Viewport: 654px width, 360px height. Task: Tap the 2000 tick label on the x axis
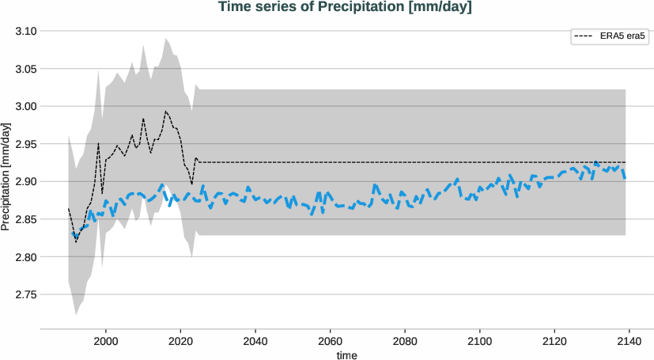pos(106,341)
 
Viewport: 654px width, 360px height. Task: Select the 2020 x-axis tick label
pos(181,341)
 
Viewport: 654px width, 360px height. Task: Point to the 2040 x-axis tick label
pos(255,341)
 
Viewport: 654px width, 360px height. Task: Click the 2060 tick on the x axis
pos(330,341)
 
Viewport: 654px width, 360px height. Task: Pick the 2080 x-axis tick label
pos(404,341)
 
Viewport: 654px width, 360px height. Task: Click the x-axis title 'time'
pos(346,355)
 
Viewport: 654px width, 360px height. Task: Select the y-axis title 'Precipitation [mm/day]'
pos(6,178)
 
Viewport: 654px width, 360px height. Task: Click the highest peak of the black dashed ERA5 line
pos(165,111)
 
